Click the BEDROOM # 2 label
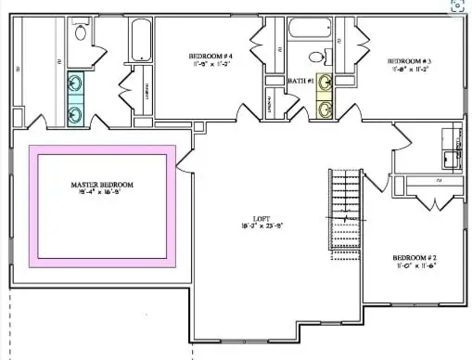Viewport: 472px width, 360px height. [414, 257]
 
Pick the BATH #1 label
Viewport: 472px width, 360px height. [299, 81]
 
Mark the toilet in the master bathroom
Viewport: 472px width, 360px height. [81, 34]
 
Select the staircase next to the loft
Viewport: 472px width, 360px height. [345, 214]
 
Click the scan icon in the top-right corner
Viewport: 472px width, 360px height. [457, 6]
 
